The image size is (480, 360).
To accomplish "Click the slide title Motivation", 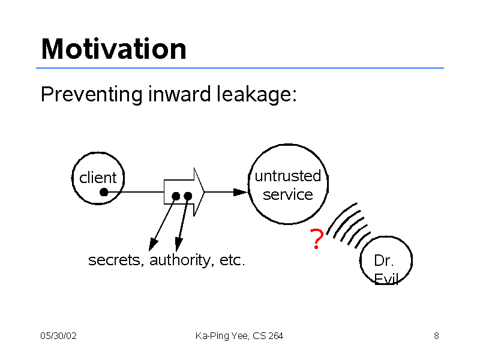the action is tap(113, 49).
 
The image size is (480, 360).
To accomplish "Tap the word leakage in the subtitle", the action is tap(257, 95).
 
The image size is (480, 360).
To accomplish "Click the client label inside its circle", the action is tap(98, 178).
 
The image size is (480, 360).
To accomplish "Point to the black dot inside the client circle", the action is tap(104, 192).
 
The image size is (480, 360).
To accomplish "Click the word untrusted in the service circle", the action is tap(288, 176).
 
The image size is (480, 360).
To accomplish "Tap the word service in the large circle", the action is tap(288, 194).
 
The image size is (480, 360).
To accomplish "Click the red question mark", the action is tap(317, 239).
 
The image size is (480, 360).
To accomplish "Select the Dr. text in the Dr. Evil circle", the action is tap(383, 261).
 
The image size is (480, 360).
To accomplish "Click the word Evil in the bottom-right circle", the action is tap(386, 278).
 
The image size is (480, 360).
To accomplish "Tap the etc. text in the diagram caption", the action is tap(232, 260).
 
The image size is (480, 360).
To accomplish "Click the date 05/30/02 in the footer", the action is tap(58, 336).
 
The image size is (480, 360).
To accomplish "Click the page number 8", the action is tap(436, 336).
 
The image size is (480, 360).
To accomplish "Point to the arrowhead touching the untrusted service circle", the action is tap(241, 192).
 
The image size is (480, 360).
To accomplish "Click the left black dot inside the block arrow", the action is tap(176, 196).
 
